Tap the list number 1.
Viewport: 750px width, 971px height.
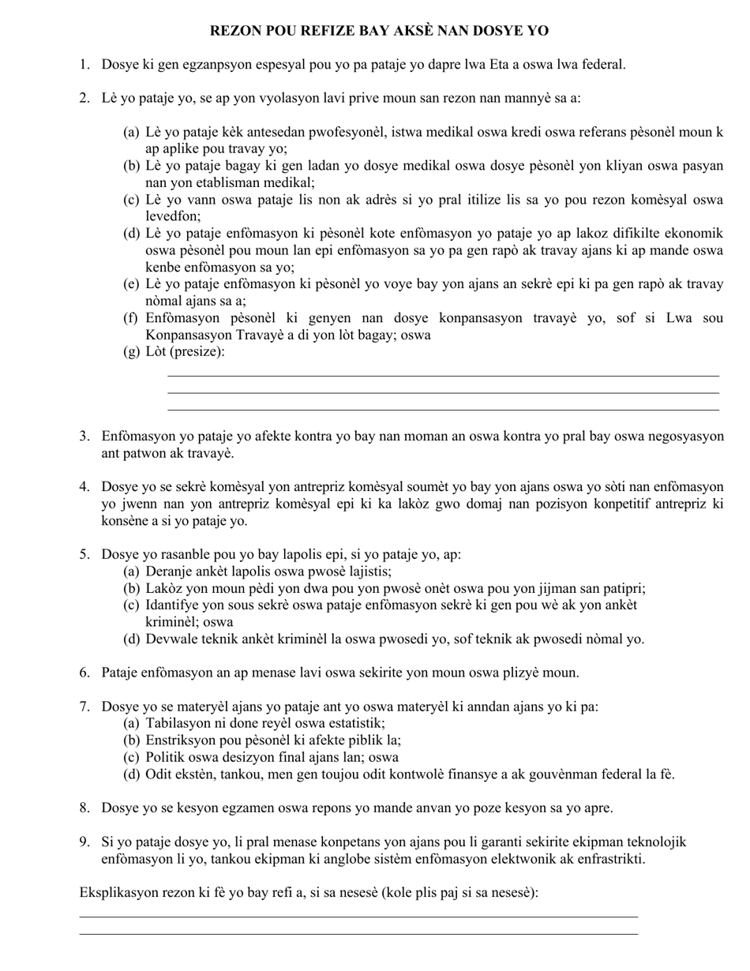(84, 64)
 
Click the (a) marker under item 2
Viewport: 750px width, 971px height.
(131, 132)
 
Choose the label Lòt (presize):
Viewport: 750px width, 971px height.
(185, 351)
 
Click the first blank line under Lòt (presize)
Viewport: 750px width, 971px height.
(443, 376)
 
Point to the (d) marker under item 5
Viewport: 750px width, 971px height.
(131, 639)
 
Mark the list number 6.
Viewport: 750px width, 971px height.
(84, 673)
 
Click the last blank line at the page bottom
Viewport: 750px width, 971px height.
(358, 934)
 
